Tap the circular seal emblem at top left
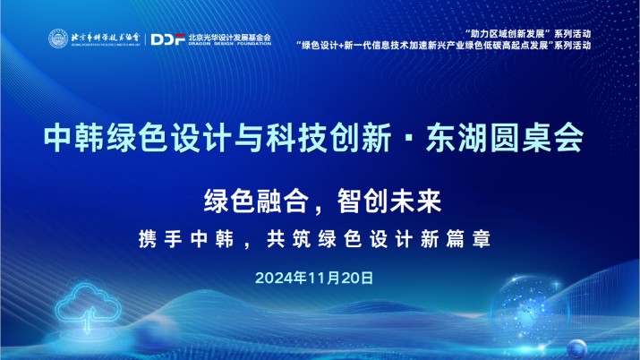click(x=56, y=39)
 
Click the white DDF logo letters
click(x=168, y=39)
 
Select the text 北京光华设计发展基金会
click(x=229, y=37)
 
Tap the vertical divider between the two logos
click(x=143, y=39)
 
